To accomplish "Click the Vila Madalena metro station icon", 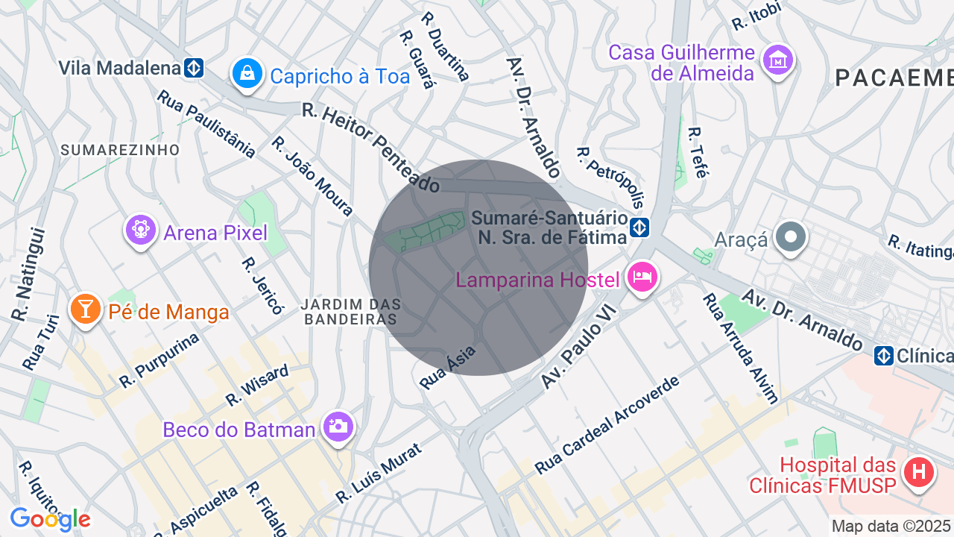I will tap(194, 68).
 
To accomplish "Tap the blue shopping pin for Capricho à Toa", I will tap(246, 73).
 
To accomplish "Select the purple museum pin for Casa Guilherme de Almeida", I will tap(779, 59).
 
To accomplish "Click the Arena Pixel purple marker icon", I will tap(140, 230).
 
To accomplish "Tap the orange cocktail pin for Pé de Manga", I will tap(86, 309).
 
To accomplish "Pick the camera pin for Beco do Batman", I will tap(338, 427).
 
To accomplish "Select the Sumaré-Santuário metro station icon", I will tap(639, 227).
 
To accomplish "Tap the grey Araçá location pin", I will tap(790, 237).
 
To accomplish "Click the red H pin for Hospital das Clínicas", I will tap(919, 472).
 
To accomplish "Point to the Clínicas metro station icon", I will tap(884, 356).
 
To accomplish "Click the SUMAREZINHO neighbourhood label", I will tap(120, 150).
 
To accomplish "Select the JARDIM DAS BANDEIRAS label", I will tap(350, 312).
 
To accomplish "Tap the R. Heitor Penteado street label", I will tap(370, 147).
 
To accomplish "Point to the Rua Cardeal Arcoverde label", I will tap(607, 425).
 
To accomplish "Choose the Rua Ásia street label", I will tap(447, 367).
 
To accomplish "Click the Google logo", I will tap(50, 519).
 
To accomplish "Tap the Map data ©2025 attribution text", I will tap(891, 526).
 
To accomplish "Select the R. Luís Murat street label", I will tap(379, 473).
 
